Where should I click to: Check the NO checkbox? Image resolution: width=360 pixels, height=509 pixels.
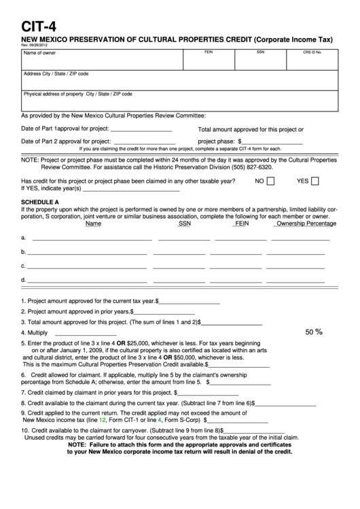tap(270, 181)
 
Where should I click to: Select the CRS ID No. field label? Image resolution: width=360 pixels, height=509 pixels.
tap(313, 52)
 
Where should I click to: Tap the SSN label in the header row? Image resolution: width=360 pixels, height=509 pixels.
tap(260, 52)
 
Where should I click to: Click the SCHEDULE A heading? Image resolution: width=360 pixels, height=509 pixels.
tap(41, 202)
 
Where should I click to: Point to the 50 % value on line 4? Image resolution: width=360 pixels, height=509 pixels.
tap(314, 332)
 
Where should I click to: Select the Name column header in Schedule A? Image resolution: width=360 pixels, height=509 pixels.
tap(94, 223)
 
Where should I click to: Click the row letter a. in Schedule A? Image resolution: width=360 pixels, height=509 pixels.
tap(24, 238)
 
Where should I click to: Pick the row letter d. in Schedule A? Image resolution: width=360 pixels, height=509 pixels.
tap(24, 279)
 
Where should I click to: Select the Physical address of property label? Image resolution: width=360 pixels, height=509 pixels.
tap(78, 94)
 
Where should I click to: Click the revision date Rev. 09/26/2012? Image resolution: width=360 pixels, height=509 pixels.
tap(35, 45)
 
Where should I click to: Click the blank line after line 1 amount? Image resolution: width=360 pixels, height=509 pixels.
tap(190, 300)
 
